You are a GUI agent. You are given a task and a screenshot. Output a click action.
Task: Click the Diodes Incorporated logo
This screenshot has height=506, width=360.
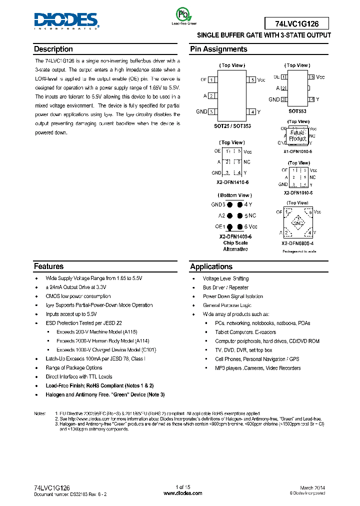click(66, 21)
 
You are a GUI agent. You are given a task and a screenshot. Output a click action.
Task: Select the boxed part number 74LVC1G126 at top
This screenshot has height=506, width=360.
click(296, 23)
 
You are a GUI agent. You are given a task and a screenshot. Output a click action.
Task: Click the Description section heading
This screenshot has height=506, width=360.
click(53, 49)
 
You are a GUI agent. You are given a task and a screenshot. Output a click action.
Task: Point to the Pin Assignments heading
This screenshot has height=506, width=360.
click(218, 49)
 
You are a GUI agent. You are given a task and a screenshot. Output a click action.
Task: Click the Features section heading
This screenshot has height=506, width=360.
click(49, 266)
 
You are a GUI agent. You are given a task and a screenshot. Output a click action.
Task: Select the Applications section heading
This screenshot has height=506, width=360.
click(211, 266)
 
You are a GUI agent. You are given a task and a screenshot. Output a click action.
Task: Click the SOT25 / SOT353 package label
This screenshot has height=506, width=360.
click(232, 126)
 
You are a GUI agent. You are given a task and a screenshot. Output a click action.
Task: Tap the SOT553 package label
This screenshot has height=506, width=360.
click(297, 111)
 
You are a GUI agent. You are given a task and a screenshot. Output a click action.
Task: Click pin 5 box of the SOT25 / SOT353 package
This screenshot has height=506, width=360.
click(253, 80)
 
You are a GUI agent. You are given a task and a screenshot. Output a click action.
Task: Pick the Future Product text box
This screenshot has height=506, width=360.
click(297, 135)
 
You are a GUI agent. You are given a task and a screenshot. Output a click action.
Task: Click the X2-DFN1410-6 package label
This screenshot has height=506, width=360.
click(232, 182)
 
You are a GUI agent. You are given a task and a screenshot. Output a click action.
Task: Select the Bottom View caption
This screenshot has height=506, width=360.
click(234, 195)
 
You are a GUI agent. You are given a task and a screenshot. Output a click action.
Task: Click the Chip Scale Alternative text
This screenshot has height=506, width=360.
click(235, 246)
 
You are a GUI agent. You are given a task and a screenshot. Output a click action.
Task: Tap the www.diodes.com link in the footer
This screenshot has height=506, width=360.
click(179, 493)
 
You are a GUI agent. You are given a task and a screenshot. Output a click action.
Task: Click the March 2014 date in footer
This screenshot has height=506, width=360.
click(313, 487)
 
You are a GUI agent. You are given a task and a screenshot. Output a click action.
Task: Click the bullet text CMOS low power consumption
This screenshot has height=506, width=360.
click(78, 296)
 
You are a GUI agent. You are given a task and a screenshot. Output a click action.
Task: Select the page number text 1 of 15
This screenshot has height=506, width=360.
click(179, 487)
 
